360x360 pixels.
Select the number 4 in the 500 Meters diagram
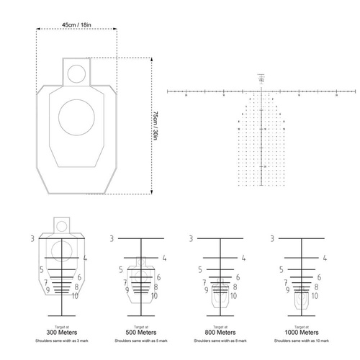click(x=163, y=257)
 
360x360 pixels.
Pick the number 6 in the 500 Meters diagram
click(x=157, y=277)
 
